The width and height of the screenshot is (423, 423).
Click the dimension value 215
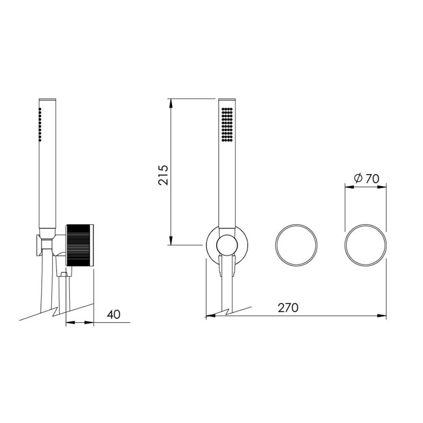[163, 175]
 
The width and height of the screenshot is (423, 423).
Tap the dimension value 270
[288, 308]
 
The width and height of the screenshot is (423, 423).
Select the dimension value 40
[113, 314]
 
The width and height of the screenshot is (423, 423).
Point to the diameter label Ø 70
[367, 178]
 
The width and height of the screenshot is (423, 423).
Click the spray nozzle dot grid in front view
[227, 125]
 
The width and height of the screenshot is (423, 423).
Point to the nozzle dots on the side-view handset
[40, 124]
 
